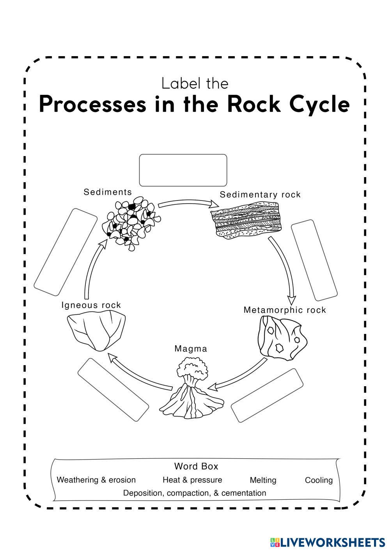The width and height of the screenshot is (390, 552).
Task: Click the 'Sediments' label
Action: pyautogui.click(x=108, y=192)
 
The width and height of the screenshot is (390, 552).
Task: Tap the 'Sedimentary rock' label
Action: pyautogui.click(x=260, y=195)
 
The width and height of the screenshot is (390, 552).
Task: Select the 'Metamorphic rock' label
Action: pyautogui.click(x=285, y=310)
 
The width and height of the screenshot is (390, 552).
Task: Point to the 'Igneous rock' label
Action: pyautogui.click(x=91, y=305)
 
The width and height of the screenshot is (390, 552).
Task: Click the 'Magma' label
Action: pyautogui.click(x=191, y=348)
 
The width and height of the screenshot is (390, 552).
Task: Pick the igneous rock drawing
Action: pyautogui.click(x=96, y=330)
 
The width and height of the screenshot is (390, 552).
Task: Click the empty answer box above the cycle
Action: pyautogui.click(x=183, y=170)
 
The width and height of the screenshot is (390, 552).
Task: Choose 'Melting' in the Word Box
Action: pyautogui.click(x=263, y=480)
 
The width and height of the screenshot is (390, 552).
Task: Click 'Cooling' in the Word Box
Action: pyautogui.click(x=319, y=480)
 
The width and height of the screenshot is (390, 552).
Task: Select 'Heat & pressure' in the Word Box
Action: pyautogui.click(x=192, y=480)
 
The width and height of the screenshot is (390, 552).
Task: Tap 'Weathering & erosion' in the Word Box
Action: pyautogui.click(x=96, y=480)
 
